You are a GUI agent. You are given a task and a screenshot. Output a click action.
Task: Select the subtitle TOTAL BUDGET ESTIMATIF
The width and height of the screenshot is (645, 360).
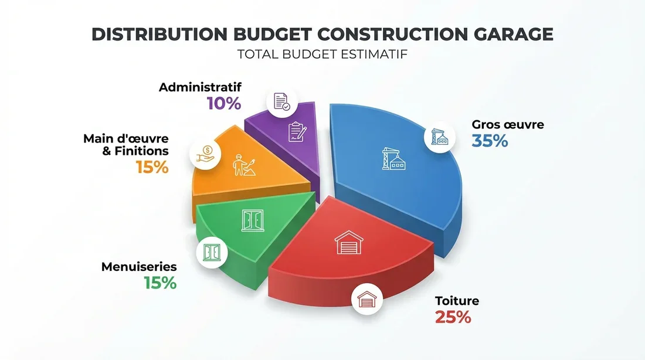coord(322,55)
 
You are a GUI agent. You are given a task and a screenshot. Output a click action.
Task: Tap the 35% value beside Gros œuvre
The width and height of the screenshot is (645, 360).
coord(490,141)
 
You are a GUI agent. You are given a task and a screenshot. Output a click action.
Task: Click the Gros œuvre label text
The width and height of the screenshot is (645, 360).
coord(508,124)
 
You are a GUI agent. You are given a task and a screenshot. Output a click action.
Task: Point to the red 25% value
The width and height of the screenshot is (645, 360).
coord(453,317)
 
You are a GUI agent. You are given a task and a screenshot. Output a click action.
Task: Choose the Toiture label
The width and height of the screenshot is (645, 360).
coord(457,301)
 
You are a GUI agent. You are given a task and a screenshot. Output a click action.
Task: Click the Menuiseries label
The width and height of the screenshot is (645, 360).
coord(139,267)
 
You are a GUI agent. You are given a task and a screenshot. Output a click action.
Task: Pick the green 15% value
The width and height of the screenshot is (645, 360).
coord(160,283)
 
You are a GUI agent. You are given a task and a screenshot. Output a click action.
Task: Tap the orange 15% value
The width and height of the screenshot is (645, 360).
coord(152,167)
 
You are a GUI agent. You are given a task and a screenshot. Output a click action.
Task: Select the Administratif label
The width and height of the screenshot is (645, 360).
coord(200,87)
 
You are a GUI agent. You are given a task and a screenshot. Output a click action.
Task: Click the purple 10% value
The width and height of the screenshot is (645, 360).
coord(223,104)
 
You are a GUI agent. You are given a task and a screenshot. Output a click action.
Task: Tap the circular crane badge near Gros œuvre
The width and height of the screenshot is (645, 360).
coord(440,138)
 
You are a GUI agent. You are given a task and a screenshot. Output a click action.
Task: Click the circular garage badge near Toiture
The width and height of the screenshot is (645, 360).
coord(366,300)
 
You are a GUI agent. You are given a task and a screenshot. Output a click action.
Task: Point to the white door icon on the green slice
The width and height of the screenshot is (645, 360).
coord(253,220)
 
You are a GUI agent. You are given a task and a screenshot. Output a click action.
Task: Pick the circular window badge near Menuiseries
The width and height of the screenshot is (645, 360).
coord(211,252)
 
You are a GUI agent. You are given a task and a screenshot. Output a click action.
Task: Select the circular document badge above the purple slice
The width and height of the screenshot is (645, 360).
coord(281,101)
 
